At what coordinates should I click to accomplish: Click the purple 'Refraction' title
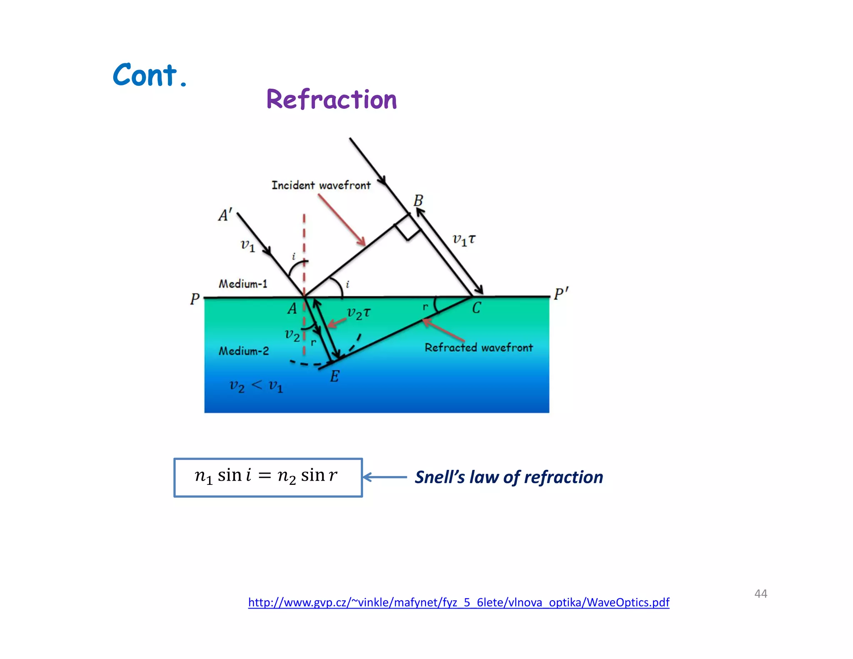332,100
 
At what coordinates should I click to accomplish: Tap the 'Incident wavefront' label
321,185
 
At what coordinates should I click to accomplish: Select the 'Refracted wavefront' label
479,347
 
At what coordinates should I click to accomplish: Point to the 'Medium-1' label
243,284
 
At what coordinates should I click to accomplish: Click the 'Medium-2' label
244,351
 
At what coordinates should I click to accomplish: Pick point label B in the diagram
418,201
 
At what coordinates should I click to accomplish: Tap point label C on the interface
476,308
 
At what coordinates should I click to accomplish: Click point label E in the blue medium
334,377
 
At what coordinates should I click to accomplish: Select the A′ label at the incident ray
225,215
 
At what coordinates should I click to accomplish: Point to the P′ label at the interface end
561,294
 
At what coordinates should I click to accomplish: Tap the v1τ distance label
464,240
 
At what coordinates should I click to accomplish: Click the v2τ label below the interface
358,313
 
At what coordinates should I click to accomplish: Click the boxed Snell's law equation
268,477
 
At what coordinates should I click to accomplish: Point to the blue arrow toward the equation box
385,477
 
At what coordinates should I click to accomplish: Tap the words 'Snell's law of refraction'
509,477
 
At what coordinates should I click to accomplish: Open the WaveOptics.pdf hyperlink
459,602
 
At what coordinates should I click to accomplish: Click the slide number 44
761,594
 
